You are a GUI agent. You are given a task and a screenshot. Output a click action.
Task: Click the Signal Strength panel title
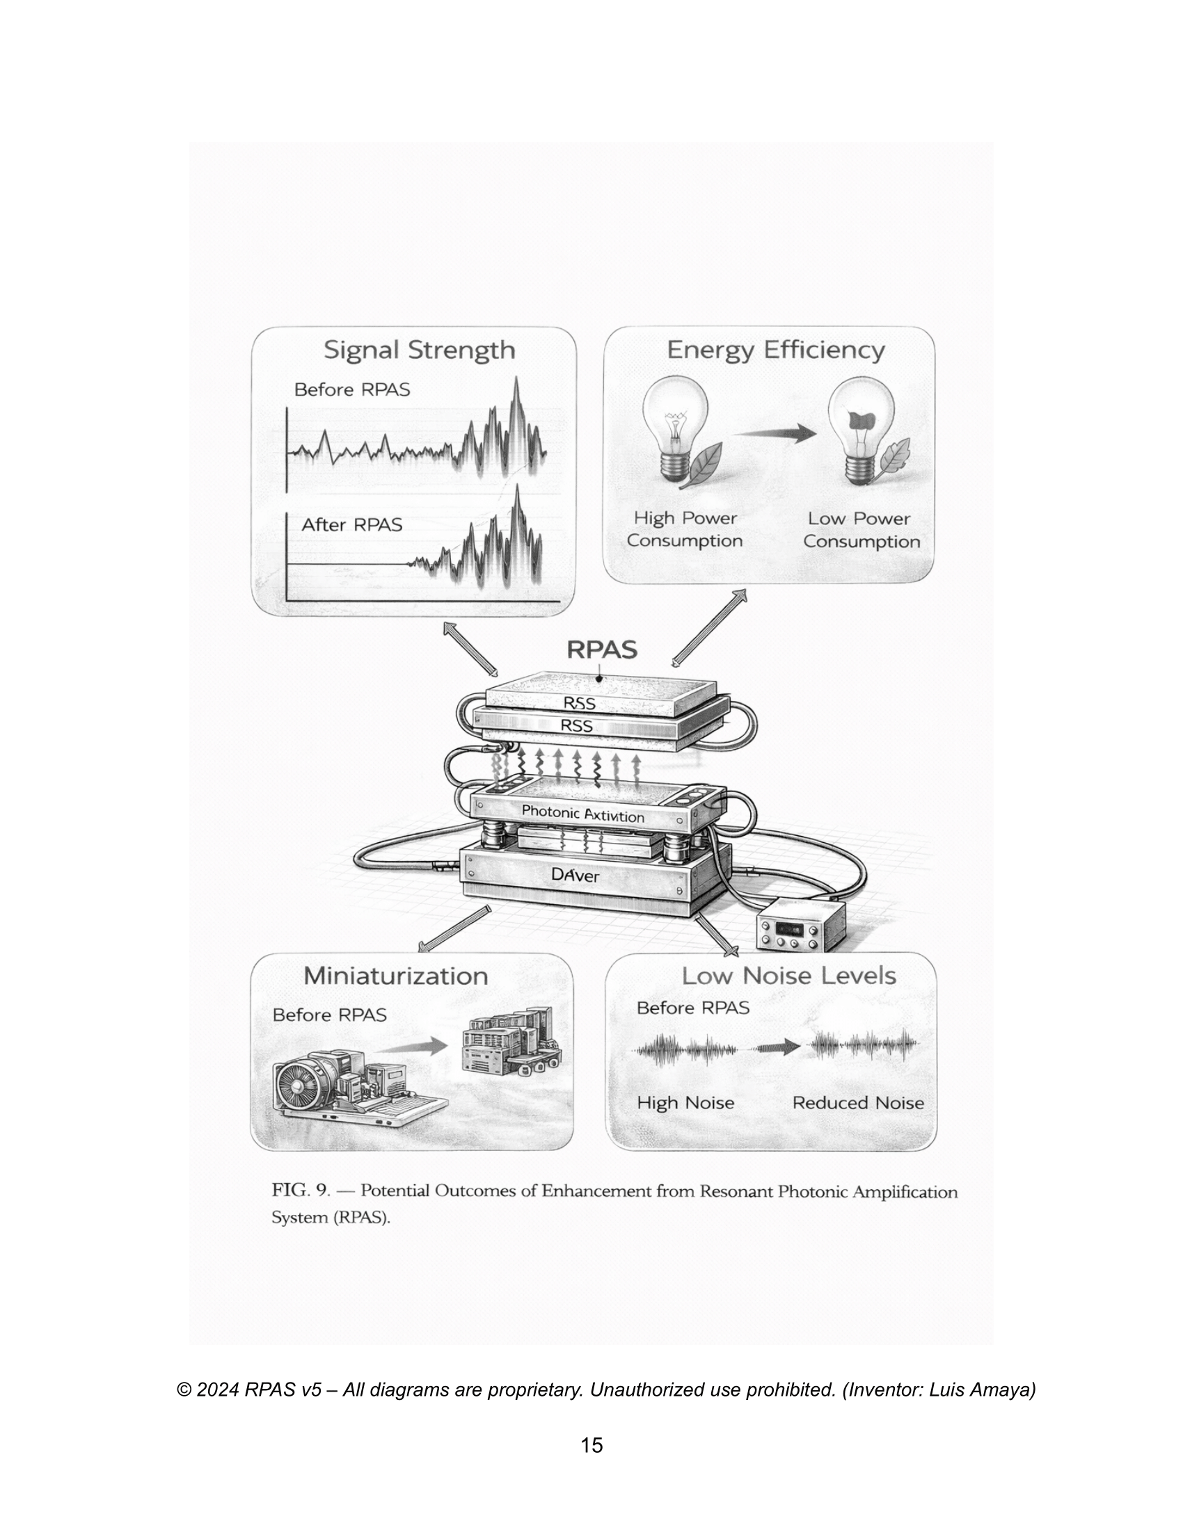[x=419, y=351]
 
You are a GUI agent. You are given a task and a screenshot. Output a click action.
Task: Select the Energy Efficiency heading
[x=776, y=351]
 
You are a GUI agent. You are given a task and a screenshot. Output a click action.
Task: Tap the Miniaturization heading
[x=396, y=976]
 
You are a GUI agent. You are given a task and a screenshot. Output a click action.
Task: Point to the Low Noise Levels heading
[x=789, y=976]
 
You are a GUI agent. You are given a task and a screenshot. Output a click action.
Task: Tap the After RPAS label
[x=352, y=524]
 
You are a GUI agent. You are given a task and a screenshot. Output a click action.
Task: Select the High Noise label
[x=685, y=1103]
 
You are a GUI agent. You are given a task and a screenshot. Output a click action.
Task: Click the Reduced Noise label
[x=858, y=1103]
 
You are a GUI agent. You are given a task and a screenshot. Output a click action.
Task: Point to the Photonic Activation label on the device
[x=583, y=814]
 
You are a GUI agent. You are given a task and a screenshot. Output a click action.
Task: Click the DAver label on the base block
[x=575, y=875]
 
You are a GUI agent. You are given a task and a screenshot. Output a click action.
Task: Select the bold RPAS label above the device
[x=602, y=650]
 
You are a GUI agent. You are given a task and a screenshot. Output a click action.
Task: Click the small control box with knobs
[x=801, y=926]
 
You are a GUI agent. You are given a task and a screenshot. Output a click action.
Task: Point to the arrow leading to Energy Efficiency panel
[x=709, y=628]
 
